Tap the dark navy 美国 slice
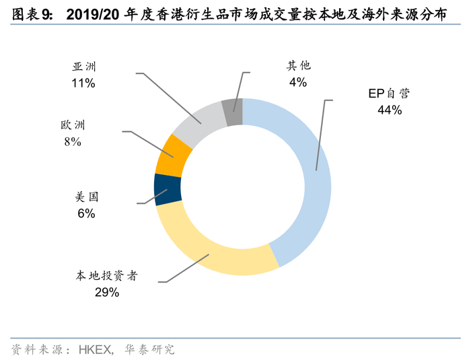(x=168, y=190)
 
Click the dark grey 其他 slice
(x=233, y=112)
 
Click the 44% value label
(x=390, y=110)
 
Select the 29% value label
(x=107, y=292)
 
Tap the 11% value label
(x=83, y=83)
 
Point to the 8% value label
(x=73, y=141)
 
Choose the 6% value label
(x=87, y=213)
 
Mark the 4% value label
(x=298, y=82)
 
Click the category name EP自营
(x=389, y=94)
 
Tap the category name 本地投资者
(x=106, y=276)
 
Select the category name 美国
(x=87, y=197)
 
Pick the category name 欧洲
(x=73, y=125)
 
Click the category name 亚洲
(x=84, y=67)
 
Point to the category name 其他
(x=298, y=65)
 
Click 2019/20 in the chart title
(x=93, y=14)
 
